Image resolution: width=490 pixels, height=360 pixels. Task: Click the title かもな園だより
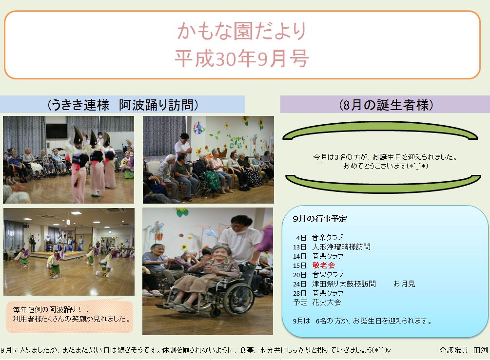pos(241,31)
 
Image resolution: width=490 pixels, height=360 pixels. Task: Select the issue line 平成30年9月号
pos(241,58)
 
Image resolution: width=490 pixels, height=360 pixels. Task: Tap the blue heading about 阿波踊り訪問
pos(122,105)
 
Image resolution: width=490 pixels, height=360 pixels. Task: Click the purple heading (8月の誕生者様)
pos(386,105)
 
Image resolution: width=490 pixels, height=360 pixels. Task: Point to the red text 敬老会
pos(323,265)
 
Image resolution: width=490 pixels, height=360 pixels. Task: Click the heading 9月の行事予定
pos(320,219)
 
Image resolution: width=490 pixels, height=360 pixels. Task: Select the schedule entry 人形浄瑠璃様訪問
pos(341,247)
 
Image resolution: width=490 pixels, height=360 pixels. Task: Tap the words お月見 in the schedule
pos(404,284)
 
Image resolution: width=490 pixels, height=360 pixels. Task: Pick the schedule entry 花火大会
pos(327,303)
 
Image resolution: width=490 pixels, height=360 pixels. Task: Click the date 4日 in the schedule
pos(301,238)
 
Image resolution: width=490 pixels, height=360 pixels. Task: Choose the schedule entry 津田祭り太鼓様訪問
pos(344,284)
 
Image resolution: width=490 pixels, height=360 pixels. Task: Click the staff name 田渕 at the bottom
pos(480,350)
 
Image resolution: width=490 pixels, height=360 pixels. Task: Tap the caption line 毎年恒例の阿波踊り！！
pos(51,309)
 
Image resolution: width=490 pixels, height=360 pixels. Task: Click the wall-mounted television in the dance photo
pos(57,131)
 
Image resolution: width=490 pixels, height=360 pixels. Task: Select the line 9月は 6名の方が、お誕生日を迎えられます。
pos(362,321)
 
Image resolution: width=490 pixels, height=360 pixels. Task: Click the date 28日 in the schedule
pos(299,293)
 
